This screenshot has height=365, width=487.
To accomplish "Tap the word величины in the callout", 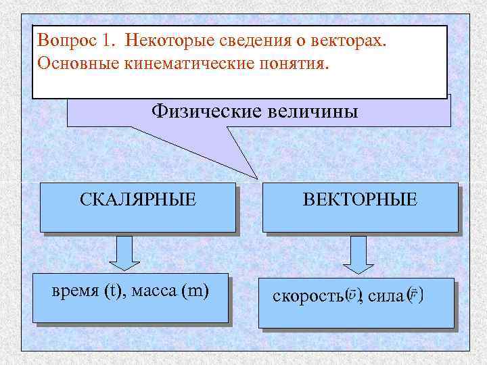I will point(310,109).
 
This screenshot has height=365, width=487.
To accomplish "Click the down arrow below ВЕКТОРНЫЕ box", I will point(358,253).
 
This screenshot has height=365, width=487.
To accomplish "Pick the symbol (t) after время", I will point(112,291).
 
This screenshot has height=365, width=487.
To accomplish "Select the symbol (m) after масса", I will point(195,291).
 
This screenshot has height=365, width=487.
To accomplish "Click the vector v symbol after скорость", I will point(354,296).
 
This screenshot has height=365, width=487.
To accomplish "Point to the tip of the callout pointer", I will point(258,178).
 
